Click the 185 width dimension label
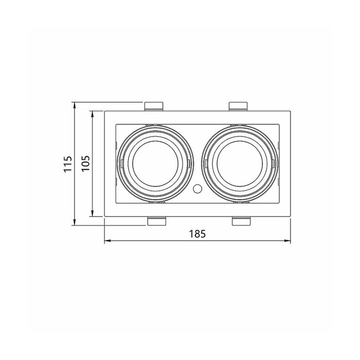197,233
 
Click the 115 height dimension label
68,164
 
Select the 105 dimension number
86,163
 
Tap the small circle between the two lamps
197,189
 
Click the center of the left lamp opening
155,164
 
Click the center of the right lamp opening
240,164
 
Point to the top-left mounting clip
154,106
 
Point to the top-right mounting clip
238,106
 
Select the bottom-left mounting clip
156,221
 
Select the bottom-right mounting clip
241,221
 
